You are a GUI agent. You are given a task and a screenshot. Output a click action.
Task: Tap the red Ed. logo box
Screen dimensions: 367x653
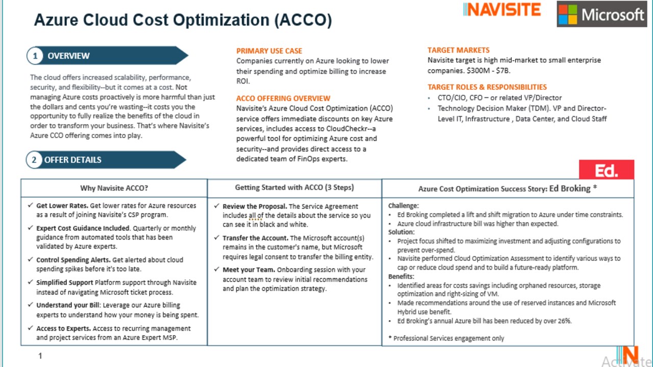click(607, 170)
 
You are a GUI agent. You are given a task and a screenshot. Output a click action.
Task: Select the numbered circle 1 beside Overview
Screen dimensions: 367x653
click(35, 56)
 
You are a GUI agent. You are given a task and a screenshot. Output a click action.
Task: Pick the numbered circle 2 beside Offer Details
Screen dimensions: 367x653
click(34, 160)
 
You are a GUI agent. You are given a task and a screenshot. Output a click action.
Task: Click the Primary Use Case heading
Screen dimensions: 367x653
click(269, 51)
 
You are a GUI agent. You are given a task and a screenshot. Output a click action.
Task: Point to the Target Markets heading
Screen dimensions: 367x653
click(458, 50)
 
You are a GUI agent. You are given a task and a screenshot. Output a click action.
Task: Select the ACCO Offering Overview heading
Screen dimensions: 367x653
click(283, 98)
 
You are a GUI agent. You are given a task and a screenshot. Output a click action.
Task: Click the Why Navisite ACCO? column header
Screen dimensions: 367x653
click(114, 188)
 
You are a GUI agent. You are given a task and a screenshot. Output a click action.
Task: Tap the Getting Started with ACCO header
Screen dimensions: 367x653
click(294, 188)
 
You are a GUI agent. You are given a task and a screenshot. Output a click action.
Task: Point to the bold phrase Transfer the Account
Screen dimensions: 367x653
click(255, 238)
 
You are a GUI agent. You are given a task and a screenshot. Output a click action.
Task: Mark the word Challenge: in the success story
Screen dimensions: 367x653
click(403, 206)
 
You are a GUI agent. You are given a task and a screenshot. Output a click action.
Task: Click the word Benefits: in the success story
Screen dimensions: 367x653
click(401, 276)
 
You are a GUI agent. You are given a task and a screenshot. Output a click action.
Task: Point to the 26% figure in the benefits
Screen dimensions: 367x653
click(564, 321)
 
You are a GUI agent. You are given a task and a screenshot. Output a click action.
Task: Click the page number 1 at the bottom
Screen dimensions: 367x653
click(40, 356)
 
